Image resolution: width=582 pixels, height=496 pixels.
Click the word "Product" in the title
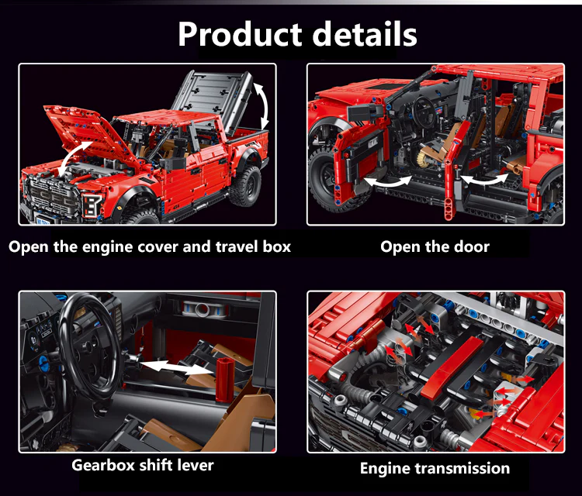coord(240,34)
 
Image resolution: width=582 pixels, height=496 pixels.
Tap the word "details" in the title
coord(365,34)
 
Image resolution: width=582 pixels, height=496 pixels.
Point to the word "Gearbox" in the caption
coord(102,465)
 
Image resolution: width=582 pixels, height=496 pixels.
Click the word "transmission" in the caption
coord(462,468)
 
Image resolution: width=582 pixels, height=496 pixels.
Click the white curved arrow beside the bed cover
coord(265,105)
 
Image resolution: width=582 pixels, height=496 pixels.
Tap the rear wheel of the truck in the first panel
coord(245,186)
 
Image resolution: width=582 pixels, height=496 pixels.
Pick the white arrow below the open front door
coord(388,182)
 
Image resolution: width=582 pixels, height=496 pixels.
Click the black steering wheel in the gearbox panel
coord(90,346)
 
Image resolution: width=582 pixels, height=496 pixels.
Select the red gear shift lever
coord(225,380)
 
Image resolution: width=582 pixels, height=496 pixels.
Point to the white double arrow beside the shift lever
coord(176,368)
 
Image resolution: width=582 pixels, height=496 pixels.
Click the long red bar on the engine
coord(452,368)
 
